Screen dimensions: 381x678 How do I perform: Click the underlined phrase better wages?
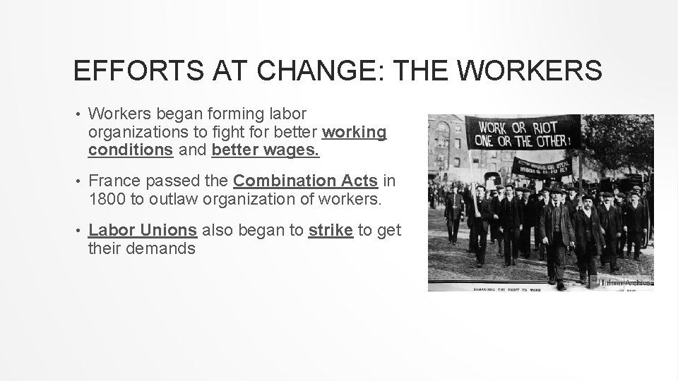click(x=265, y=150)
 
